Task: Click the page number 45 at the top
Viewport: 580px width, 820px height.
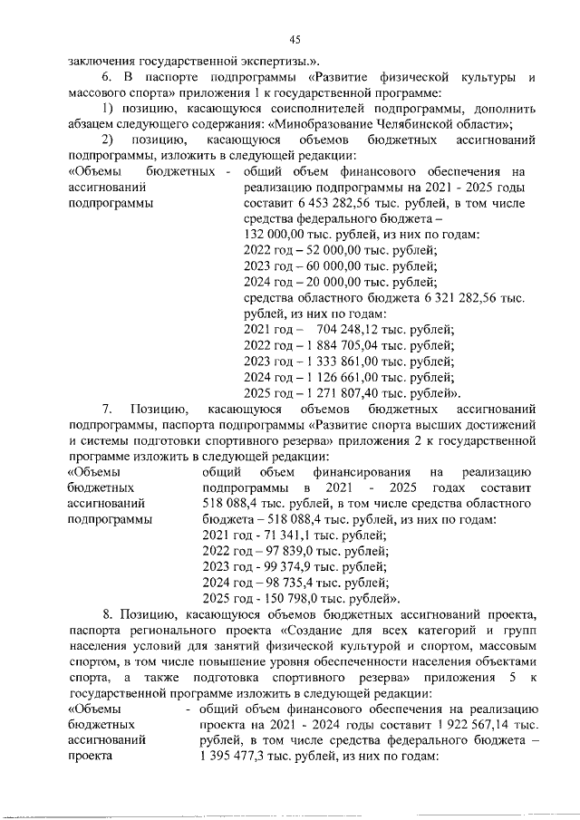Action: (x=295, y=38)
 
